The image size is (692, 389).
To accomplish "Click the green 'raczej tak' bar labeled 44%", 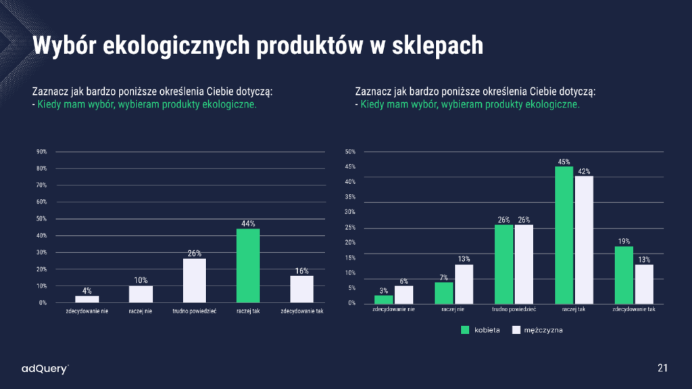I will [x=247, y=266].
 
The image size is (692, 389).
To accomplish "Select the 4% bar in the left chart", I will [x=86, y=299].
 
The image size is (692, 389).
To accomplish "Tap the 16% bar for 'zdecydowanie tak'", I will [x=301, y=289].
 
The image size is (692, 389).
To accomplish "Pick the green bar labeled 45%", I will [x=564, y=235].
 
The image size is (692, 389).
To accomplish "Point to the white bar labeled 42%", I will [x=583, y=239].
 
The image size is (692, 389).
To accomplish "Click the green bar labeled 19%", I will [x=624, y=275].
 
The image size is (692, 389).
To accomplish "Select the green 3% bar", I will [x=383, y=299].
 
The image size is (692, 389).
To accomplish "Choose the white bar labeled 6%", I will [x=403, y=294].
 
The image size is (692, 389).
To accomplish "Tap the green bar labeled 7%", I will [x=443, y=293].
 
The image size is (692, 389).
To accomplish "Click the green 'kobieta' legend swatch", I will [x=465, y=330].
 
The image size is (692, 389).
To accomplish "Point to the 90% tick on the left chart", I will [x=42, y=152].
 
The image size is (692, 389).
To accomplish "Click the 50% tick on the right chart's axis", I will [x=350, y=152].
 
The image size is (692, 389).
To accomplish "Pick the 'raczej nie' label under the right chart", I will [x=453, y=308].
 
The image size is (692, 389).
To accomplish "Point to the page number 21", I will [x=663, y=368].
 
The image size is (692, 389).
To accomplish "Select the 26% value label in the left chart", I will [x=195, y=254].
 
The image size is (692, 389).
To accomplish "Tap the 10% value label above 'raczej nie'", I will [x=141, y=280].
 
